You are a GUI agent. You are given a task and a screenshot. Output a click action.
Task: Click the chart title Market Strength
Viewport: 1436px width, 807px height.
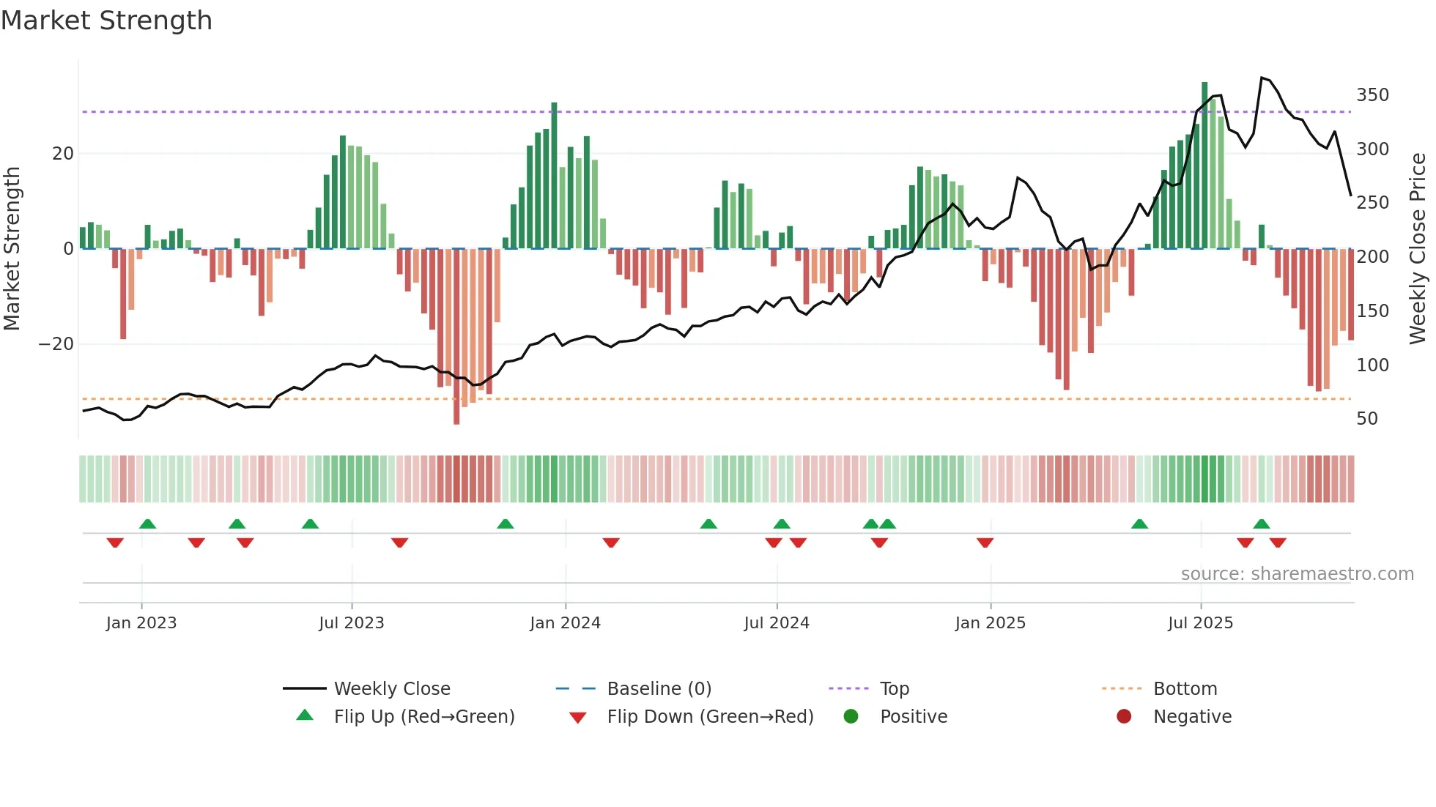point(106,21)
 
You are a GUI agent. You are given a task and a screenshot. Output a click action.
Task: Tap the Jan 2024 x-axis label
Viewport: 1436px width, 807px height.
point(565,623)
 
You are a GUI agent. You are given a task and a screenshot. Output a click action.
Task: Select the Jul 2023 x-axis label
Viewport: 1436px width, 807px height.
point(351,623)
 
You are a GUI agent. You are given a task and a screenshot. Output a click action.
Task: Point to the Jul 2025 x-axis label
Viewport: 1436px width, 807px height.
point(1200,623)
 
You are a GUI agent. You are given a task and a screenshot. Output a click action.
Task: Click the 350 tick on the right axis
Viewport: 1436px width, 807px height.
point(1372,95)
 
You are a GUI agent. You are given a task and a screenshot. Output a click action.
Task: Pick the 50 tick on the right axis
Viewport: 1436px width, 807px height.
point(1367,419)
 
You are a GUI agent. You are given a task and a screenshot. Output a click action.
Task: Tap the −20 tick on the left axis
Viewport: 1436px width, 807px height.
point(56,344)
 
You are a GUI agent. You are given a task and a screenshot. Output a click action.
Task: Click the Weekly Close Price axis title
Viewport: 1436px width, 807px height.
point(1418,249)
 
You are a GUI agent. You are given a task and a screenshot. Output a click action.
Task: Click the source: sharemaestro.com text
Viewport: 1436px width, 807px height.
point(1297,574)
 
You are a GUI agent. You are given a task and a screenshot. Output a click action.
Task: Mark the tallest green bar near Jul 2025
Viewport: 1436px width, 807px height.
point(1204,165)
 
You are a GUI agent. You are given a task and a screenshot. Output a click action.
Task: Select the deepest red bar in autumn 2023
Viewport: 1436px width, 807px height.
point(456,337)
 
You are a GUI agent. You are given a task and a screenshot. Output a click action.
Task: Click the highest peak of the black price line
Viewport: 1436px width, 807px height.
point(1262,78)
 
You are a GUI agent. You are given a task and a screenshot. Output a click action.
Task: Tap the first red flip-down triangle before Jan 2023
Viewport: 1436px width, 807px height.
point(115,543)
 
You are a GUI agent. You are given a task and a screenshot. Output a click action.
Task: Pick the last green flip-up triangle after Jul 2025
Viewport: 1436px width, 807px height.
point(1261,524)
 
